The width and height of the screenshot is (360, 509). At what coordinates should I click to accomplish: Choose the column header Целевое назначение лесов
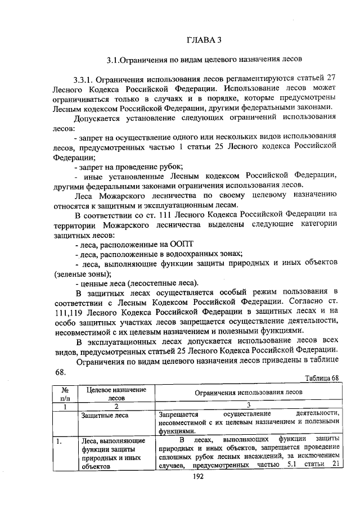[115, 393]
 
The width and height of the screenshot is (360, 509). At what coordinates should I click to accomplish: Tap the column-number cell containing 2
[115, 406]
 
